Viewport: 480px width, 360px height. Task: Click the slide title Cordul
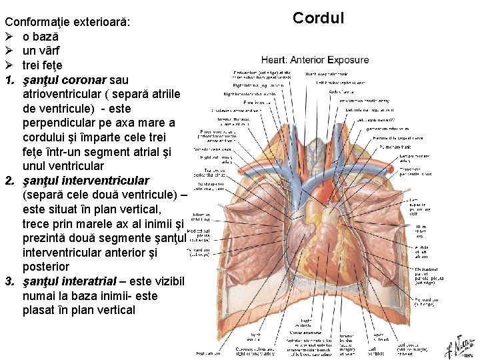(319, 17)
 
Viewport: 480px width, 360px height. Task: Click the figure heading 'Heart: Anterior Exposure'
(315, 59)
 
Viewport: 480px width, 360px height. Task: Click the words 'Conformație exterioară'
(67, 22)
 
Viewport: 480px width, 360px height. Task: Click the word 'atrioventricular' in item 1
(64, 94)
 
